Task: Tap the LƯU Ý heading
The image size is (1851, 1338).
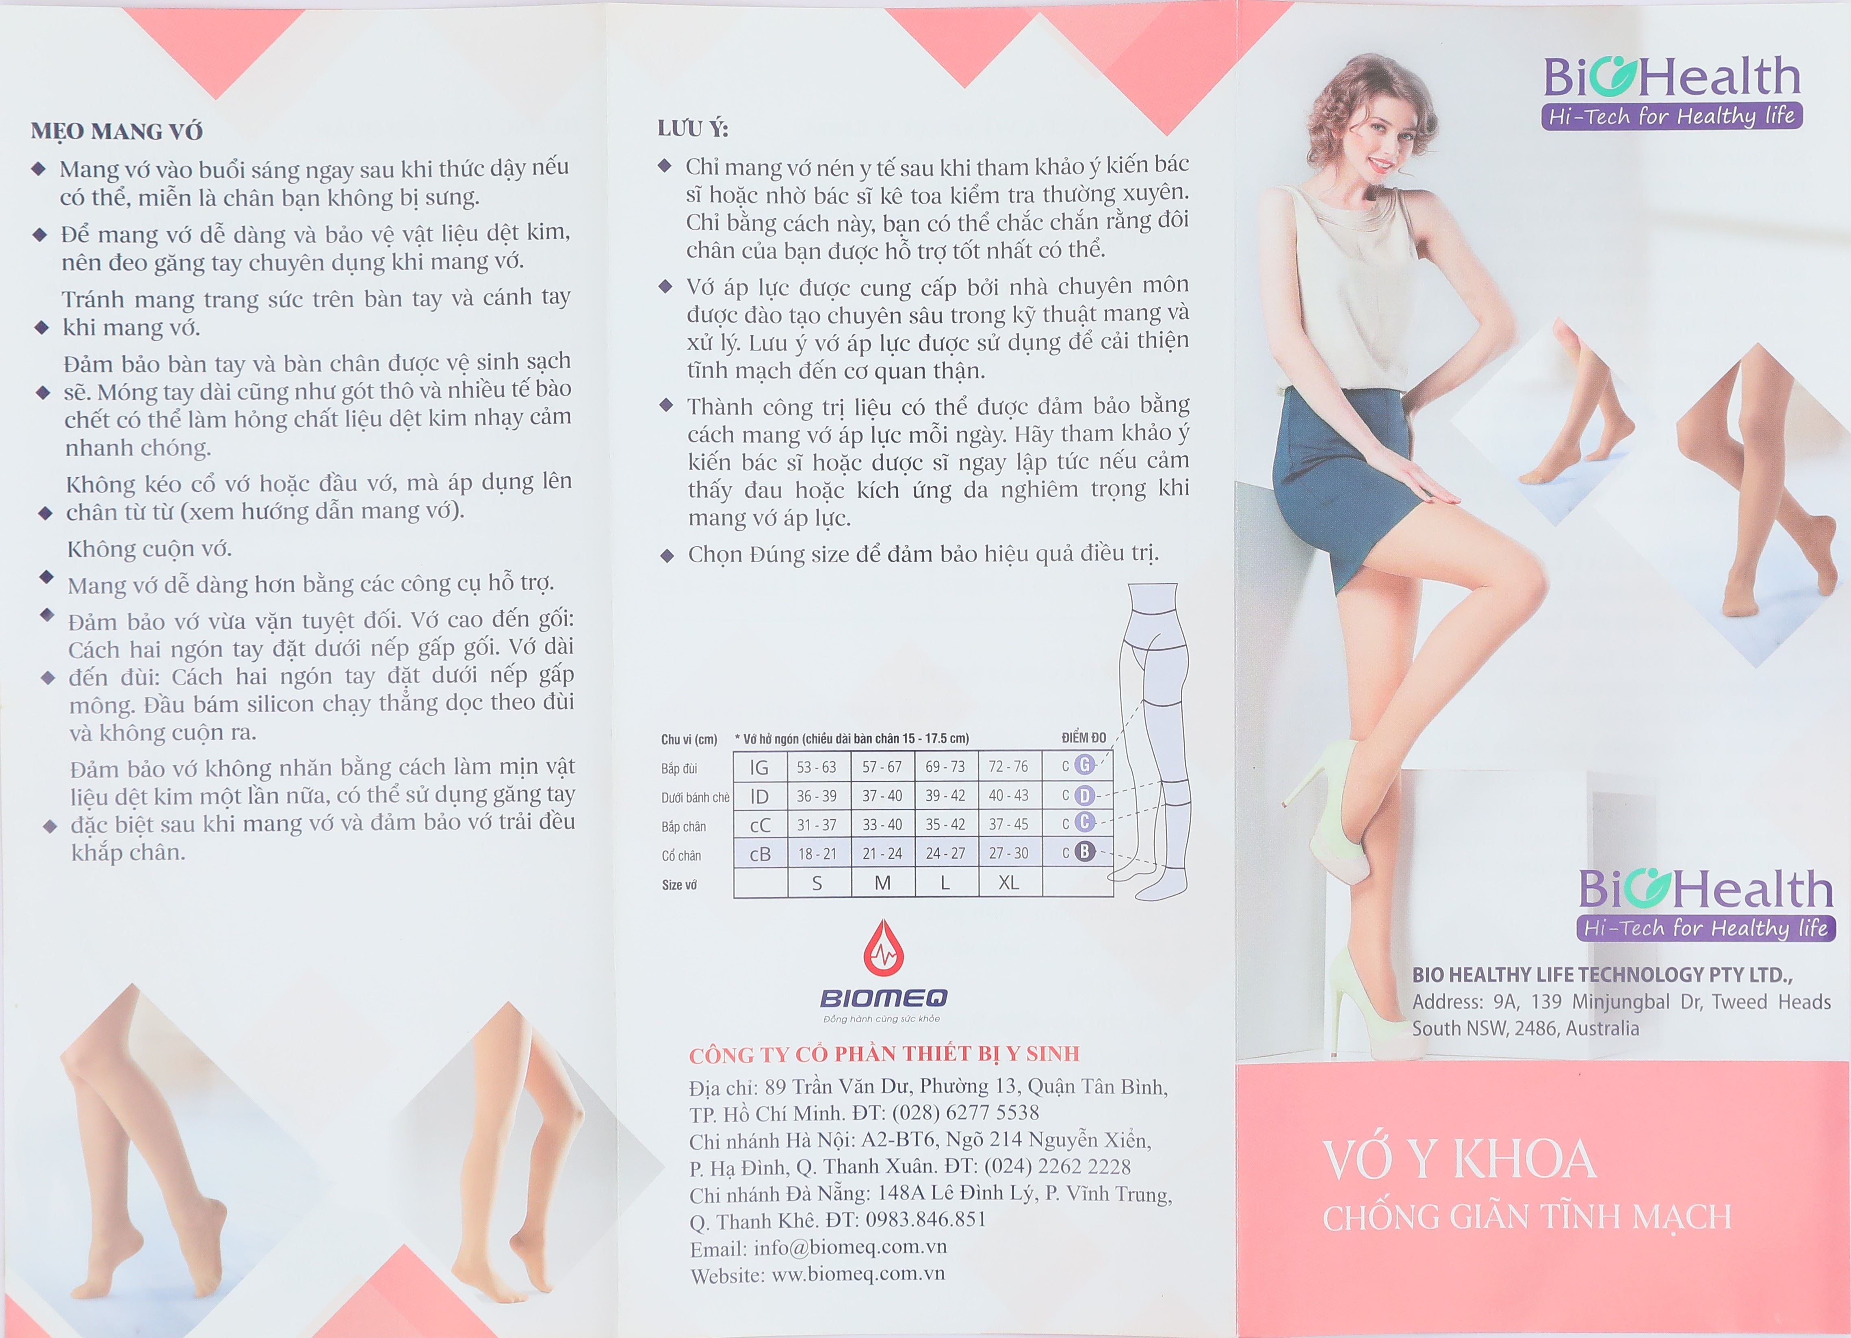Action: [x=693, y=128]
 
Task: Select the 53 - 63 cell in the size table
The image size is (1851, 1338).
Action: [x=817, y=767]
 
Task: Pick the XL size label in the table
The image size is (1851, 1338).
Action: [x=1009, y=883]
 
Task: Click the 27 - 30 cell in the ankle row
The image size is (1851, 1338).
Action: [x=1009, y=853]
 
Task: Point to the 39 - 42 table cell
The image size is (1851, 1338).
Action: [x=945, y=795]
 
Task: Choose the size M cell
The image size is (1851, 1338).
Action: [x=882, y=883]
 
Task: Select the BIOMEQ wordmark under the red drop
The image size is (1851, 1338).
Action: [x=884, y=998]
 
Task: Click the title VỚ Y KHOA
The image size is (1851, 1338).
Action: [x=1459, y=1159]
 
